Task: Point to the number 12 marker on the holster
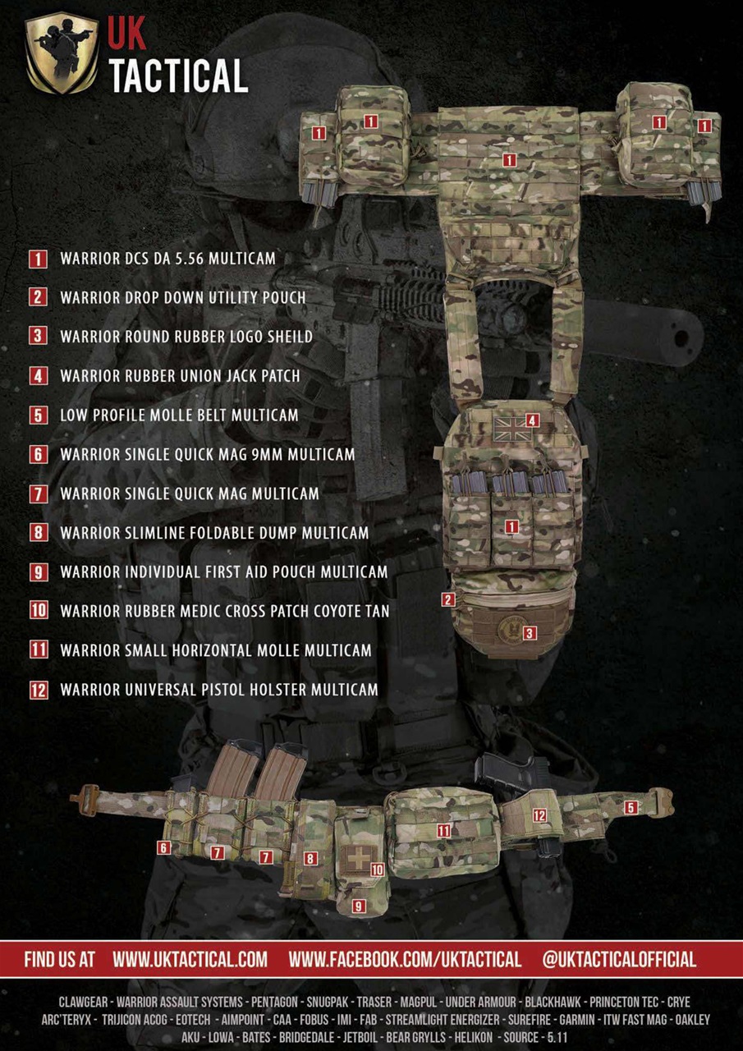click(x=539, y=815)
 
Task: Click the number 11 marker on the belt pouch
click(x=443, y=830)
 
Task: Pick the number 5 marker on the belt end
click(x=631, y=807)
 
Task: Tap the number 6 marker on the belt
click(x=165, y=847)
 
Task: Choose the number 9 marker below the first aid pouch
click(x=359, y=906)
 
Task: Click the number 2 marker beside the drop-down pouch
click(x=447, y=599)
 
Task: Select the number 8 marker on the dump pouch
click(x=310, y=859)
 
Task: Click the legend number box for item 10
click(x=39, y=610)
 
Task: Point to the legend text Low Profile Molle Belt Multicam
click(x=179, y=415)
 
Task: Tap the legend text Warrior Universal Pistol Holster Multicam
click(x=219, y=689)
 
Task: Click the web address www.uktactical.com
click(x=190, y=959)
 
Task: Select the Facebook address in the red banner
click(x=405, y=959)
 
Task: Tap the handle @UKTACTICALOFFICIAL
click(x=619, y=959)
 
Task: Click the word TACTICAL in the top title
click(x=178, y=76)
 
